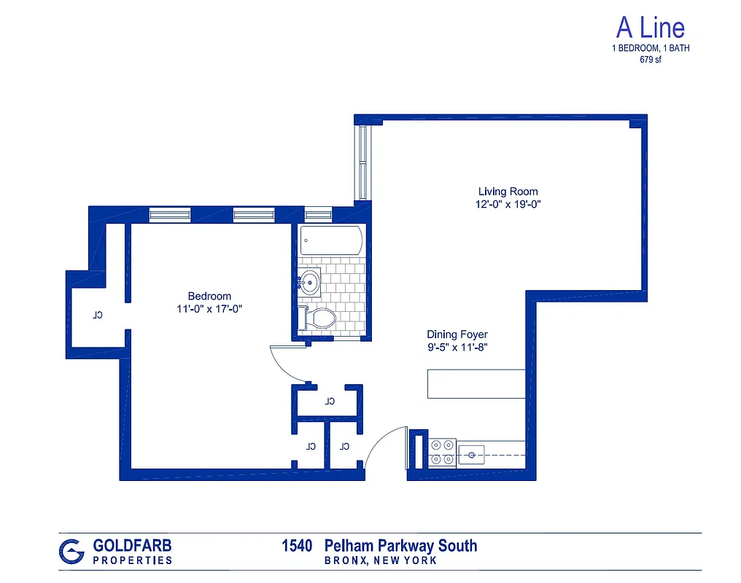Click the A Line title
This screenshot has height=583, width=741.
651,28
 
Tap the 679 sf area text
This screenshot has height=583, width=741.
651,60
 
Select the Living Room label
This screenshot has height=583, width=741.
508,192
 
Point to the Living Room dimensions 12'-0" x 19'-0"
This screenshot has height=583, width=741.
508,205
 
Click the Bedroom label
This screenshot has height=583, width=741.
209,296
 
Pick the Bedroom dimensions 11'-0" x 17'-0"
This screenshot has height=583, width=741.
209,308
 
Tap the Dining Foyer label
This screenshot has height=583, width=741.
457,334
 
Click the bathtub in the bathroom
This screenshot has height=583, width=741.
330,240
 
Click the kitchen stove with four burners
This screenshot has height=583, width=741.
442,451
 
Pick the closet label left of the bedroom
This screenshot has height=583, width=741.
96,316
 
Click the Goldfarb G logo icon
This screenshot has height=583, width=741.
71,552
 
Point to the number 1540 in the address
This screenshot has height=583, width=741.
297,546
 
